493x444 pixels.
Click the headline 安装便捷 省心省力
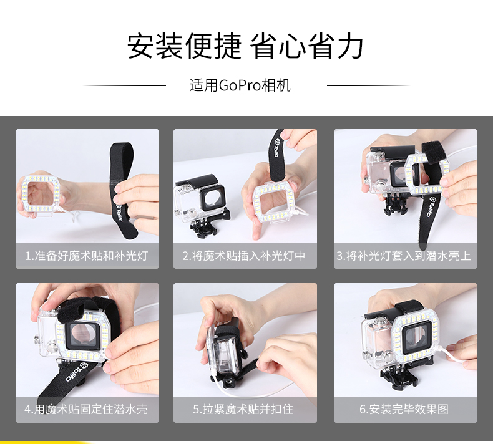pos(245,47)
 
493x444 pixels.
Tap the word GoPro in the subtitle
pos(240,85)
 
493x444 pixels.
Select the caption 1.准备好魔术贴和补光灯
pos(87,256)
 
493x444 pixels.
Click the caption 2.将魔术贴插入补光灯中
pos(244,256)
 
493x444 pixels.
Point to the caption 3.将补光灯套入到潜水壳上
pos(404,256)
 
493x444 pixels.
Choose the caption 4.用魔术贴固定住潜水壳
pos(86,409)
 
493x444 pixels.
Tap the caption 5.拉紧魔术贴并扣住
pos(243,409)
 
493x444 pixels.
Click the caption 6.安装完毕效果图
pos(404,409)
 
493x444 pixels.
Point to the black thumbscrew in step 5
pos(227,384)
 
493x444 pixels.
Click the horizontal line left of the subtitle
pos(125,85)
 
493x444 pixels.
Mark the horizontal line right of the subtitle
pos(368,85)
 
